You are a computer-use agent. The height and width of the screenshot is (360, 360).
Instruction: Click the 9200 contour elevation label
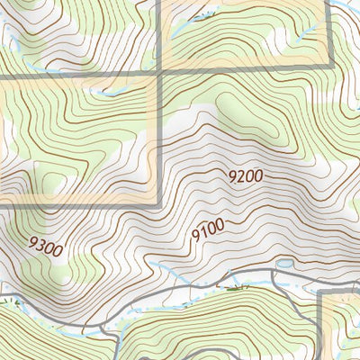pos(245,177)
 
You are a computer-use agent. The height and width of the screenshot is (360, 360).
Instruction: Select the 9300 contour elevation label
pos(46,246)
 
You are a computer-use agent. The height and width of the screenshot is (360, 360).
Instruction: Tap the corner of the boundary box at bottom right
pos(321,293)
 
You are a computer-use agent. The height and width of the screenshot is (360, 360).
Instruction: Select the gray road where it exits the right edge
pos(357,274)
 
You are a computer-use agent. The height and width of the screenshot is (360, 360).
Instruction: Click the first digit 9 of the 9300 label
pos(33,240)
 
